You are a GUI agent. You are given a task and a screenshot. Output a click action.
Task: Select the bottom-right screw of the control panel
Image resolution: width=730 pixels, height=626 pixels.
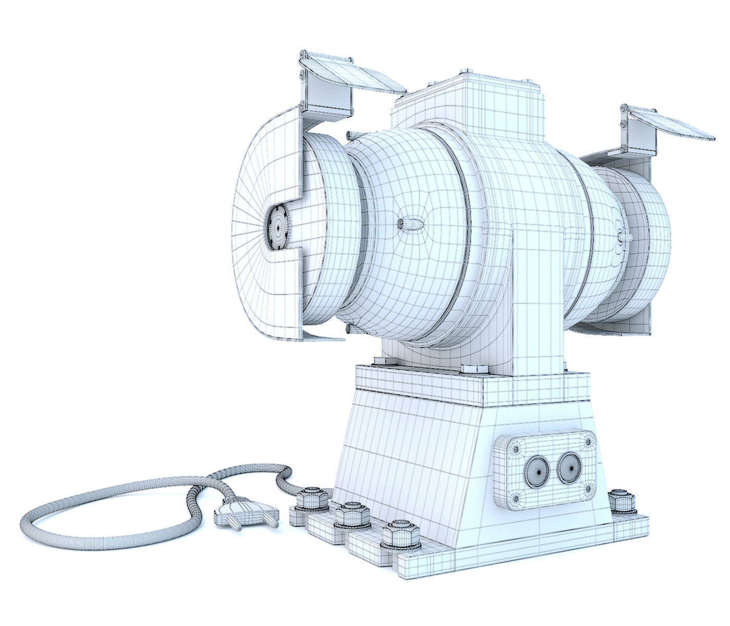tap(589, 489)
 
